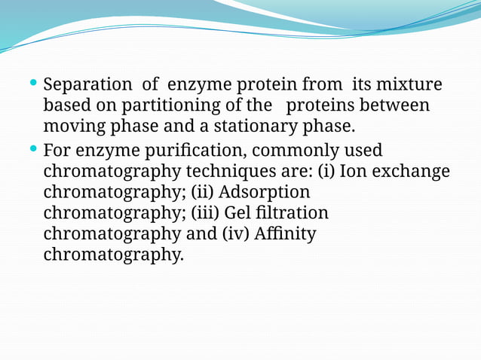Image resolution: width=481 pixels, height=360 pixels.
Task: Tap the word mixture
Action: coord(413,84)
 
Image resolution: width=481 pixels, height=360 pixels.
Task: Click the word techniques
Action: coord(231,171)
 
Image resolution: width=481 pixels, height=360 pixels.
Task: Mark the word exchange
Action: coord(412,171)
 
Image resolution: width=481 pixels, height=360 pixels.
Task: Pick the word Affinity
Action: coord(286,234)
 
